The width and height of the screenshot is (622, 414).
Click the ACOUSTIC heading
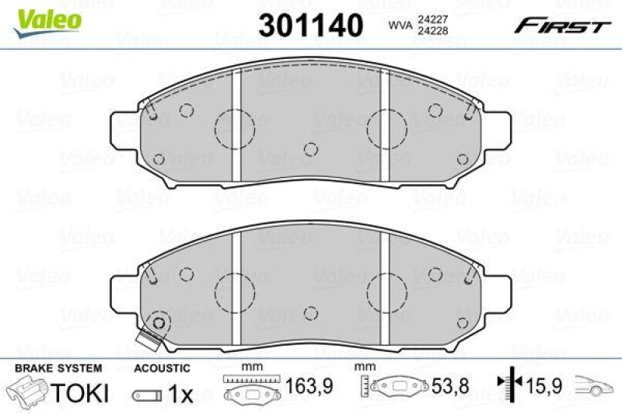(162, 367)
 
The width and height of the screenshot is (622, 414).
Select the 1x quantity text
(180, 394)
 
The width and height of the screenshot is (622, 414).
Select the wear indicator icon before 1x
(148, 395)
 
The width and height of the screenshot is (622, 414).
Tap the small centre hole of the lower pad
(310, 312)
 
